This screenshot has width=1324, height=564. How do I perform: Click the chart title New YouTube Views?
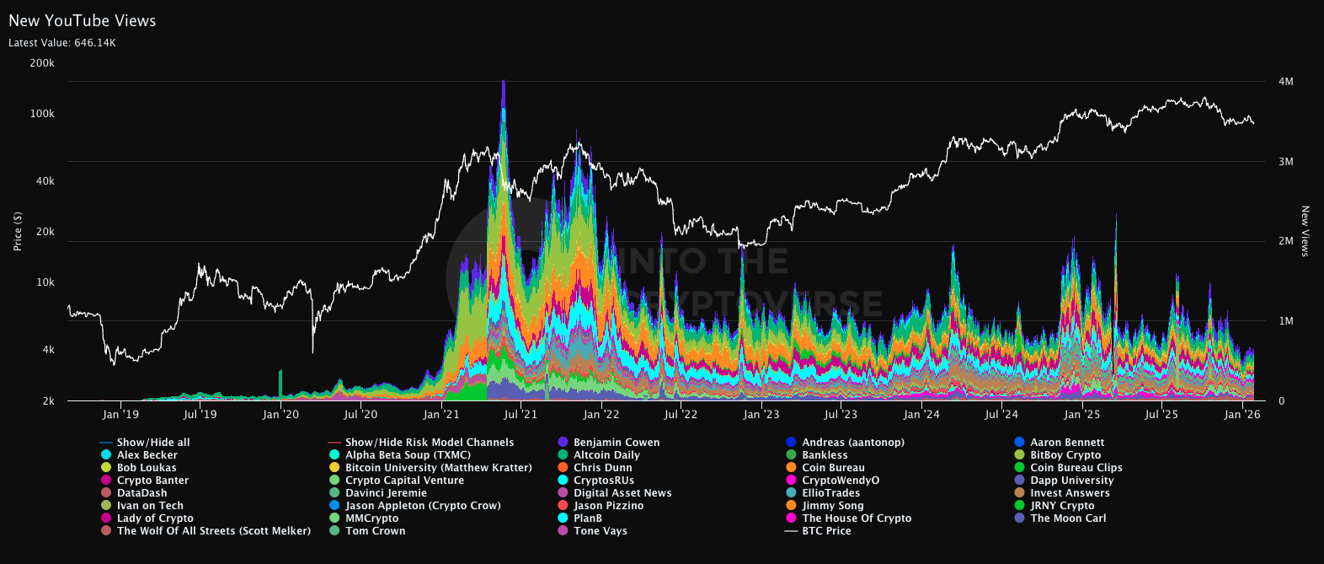pos(82,21)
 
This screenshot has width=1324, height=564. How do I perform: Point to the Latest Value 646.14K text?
pos(62,43)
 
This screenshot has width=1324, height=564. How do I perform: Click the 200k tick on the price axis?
pos(41,63)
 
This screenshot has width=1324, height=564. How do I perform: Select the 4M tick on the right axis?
pos(1285,82)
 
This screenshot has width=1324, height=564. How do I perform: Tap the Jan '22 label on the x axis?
pos(601,415)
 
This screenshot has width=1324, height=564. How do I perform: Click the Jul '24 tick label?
pos(1001,415)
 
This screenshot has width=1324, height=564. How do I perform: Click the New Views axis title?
pos(1305,231)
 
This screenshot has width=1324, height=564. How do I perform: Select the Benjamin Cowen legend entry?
pos(617,443)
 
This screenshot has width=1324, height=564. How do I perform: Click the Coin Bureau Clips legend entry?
pos(1076,468)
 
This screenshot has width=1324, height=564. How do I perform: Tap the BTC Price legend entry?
pos(826,531)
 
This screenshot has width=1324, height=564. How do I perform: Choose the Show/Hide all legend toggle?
pos(153,443)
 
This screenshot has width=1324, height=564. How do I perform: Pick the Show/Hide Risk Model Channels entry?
pos(429,443)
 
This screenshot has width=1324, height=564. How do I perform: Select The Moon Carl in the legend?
pos(1068,518)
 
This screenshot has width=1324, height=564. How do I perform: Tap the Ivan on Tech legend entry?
pos(150,506)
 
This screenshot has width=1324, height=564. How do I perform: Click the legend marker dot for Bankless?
pos(791,455)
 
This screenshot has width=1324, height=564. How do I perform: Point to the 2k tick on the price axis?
pos(48,401)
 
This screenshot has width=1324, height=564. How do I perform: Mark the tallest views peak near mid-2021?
pos(504,82)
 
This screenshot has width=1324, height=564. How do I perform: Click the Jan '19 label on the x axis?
pos(120,415)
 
